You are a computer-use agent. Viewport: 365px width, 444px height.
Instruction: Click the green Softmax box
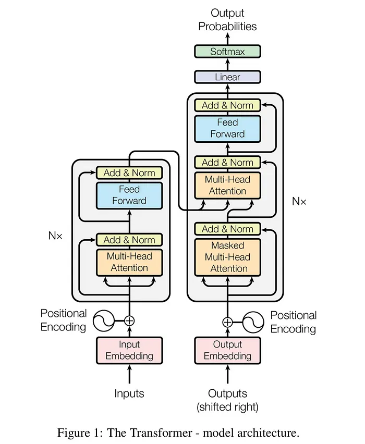point(227,52)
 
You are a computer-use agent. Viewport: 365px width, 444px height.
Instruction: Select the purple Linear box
point(227,77)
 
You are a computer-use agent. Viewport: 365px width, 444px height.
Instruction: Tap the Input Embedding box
point(129,350)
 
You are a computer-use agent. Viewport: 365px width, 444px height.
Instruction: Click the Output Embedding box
point(227,350)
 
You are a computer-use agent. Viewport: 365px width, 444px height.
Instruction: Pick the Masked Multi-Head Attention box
point(227,257)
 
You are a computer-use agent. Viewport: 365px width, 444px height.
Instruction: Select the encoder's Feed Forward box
point(129,195)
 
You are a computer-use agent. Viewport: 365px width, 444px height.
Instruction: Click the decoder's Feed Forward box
point(227,128)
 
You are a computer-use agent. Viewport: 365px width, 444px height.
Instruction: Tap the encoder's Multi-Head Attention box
point(129,262)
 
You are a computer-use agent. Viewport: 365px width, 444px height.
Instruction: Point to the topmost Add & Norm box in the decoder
point(227,105)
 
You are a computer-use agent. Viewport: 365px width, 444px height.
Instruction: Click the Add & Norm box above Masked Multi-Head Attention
point(227,229)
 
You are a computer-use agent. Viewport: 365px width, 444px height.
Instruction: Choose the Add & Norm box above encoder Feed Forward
point(129,172)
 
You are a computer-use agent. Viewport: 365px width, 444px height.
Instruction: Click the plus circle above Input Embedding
point(129,321)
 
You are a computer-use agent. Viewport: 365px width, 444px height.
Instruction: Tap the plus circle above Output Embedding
point(227,322)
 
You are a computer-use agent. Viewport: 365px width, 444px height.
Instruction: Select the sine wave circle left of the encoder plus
point(104,321)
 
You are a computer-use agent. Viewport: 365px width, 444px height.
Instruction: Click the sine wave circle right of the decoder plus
point(253,322)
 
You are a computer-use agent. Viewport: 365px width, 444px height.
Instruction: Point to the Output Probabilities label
point(227,19)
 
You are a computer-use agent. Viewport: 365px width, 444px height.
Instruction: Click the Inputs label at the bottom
point(129,393)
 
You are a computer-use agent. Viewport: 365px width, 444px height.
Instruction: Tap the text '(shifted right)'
point(227,406)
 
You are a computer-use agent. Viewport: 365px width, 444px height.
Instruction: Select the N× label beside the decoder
point(299,201)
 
